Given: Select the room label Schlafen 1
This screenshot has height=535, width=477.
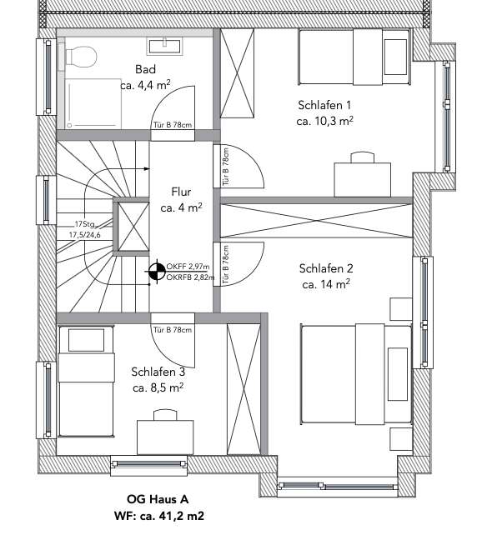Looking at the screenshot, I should point(324,105).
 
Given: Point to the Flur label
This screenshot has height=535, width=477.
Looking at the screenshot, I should point(181,191).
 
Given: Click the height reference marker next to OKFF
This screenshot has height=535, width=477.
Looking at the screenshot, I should point(156,271).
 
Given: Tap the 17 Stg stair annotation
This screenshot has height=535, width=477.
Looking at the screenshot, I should point(86,224).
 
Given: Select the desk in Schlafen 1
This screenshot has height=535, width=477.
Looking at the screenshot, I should point(362,176).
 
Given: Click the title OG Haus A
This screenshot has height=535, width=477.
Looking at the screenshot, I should point(159,500).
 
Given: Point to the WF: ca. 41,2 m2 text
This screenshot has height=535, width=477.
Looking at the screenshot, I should point(158,516).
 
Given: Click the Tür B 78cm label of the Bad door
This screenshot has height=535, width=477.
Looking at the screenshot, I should point(171,125).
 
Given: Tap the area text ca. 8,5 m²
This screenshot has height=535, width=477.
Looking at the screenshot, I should point(158,387).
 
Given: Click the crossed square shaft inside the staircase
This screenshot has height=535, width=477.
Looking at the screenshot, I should point(131,226).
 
